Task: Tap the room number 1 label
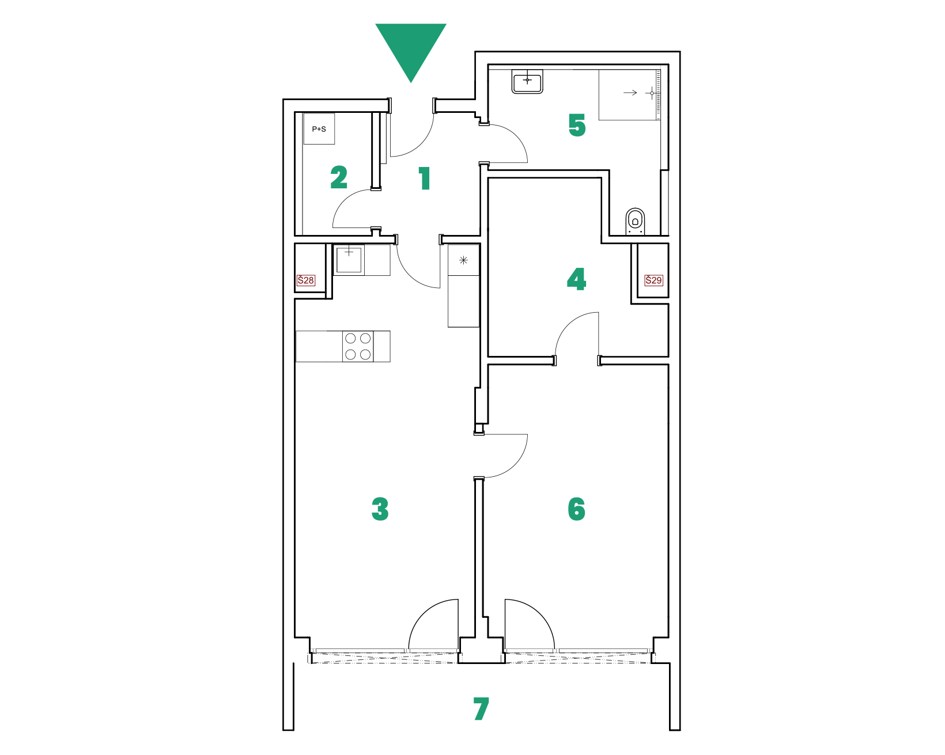point(424,178)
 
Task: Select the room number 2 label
point(339,177)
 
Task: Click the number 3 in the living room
point(380,509)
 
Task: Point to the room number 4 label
point(576,279)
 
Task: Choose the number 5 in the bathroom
point(577,124)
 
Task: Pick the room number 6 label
point(576,509)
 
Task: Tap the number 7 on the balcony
point(481,708)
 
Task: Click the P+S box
point(319,128)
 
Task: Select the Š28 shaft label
point(305,280)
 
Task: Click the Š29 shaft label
point(653,280)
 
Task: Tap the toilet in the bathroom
point(635,221)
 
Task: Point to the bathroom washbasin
point(527,82)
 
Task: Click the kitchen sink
point(349,260)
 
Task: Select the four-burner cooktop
point(357,346)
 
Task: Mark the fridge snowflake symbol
point(463,260)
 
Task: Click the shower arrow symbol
point(630,93)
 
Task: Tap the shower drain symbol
point(652,93)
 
